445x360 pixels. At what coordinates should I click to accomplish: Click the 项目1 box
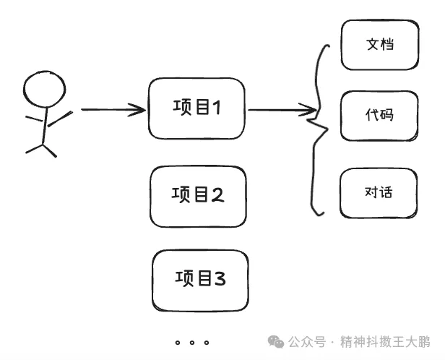[196, 108]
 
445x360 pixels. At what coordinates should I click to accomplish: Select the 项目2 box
[198, 197]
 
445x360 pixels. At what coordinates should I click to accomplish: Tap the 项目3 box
[200, 280]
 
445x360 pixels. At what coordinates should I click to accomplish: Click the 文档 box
[380, 45]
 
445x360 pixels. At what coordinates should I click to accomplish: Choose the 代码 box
[379, 116]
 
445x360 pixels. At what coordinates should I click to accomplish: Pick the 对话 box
[379, 193]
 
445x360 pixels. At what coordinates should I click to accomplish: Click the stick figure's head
[44, 89]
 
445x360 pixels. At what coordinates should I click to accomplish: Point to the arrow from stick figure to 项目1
[113, 110]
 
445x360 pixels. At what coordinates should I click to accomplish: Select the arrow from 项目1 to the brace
[282, 110]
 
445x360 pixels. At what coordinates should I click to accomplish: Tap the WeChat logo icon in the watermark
[275, 341]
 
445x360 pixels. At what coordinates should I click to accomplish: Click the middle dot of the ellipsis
[192, 343]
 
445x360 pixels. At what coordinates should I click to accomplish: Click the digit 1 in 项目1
[217, 108]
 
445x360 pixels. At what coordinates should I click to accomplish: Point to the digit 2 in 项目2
[217, 194]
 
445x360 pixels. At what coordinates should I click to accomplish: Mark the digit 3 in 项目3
[220, 278]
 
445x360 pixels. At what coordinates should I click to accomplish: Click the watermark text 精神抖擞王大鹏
[385, 341]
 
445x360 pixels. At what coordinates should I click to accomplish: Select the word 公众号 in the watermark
[307, 341]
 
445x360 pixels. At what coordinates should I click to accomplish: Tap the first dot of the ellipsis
[178, 343]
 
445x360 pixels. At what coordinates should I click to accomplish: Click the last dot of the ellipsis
[207, 343]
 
